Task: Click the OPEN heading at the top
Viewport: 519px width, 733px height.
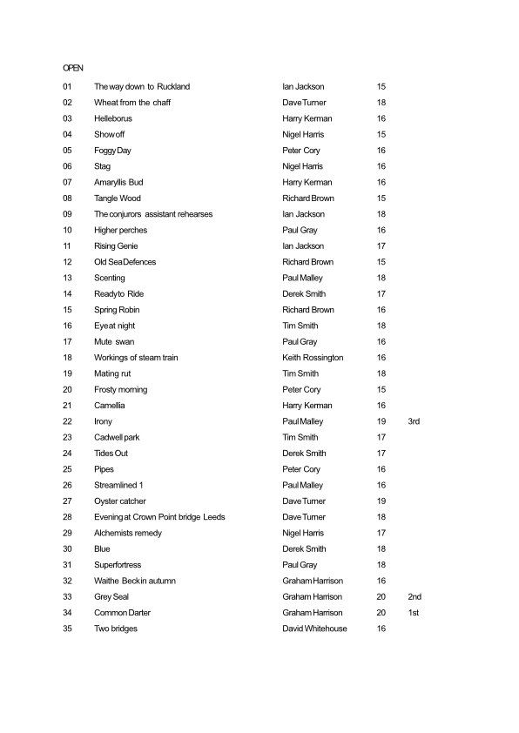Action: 72,66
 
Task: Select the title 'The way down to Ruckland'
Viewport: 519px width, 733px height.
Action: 142,87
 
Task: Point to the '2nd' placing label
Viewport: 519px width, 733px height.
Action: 415,597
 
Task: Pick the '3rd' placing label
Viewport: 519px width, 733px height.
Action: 414,421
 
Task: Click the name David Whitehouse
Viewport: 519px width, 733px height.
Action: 314,629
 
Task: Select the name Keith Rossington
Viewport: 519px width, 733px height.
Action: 313,358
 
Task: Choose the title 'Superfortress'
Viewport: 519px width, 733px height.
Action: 118,565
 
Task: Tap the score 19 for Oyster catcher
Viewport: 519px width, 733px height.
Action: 381,501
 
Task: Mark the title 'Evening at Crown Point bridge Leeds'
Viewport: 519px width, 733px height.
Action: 159,517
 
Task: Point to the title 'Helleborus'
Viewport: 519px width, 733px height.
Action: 112,118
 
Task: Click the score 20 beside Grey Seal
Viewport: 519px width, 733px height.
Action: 381,597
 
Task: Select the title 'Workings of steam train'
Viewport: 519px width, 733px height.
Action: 138,358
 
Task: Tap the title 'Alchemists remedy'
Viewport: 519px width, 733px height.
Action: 128,533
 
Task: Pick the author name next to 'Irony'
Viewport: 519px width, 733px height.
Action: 303,421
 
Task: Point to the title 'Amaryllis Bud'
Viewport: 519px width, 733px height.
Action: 118,183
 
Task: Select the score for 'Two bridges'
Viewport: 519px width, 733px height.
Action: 381,629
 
